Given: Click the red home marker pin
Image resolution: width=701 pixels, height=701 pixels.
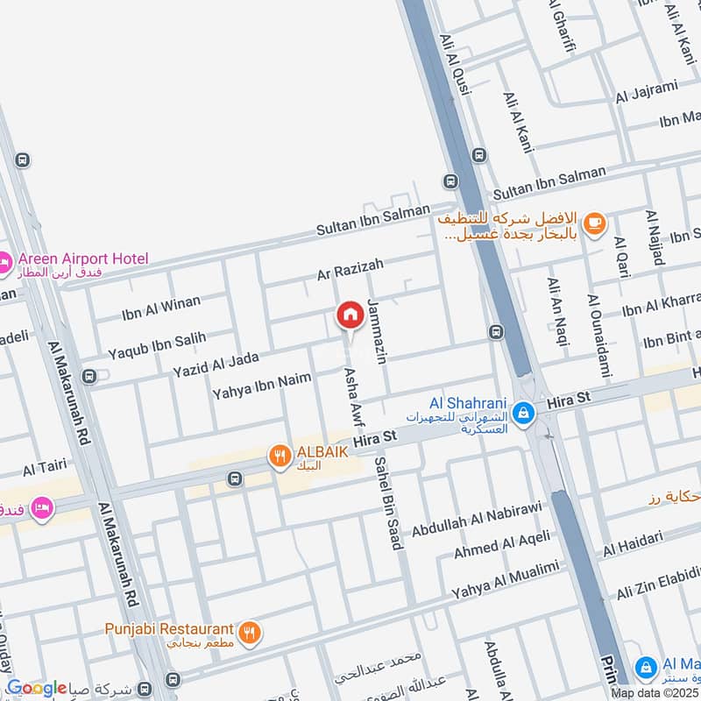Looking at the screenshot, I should [x=350, y=315].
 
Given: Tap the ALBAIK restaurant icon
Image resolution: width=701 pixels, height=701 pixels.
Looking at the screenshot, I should [x=280, y=454].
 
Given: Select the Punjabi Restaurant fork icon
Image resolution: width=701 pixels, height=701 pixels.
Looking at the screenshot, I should [x=250, y=630].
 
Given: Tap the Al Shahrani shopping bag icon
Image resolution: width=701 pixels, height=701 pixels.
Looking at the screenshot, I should [x=523, y=410].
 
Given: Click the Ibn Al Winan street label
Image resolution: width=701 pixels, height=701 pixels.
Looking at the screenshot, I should [x=161, y=308].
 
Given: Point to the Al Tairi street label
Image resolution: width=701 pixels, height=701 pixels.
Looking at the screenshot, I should [x=41, y=469].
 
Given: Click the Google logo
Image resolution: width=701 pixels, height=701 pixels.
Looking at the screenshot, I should [x=37, y=689].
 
